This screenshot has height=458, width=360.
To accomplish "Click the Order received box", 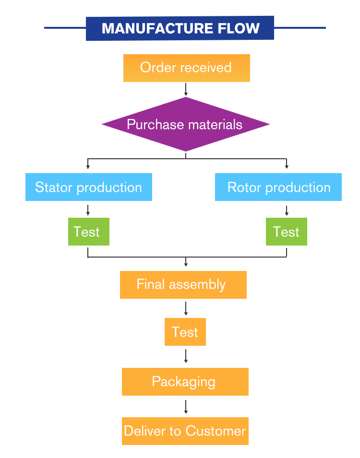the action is coord(187,68).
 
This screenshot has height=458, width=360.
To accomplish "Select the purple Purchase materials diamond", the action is coord(186,124).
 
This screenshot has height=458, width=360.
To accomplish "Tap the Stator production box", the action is coord(89,187).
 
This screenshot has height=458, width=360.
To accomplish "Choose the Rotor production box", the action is coord(278,187).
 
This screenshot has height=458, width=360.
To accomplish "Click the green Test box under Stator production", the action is coord(89,232).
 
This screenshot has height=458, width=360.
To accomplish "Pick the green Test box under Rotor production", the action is coord(287,232).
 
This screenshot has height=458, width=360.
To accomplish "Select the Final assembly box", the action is coord(183,285).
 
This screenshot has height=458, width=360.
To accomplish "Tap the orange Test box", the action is coord(185,332).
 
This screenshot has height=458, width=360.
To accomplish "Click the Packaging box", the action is coord(185,382).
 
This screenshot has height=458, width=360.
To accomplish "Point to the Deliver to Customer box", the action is coord(185,431).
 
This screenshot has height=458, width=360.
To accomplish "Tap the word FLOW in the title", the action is coord(239,28).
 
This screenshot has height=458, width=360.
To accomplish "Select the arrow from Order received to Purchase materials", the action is coord(186,89).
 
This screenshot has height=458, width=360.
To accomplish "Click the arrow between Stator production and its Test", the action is coord(88,210).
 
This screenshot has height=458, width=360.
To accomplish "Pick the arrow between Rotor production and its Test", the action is coord(287,211).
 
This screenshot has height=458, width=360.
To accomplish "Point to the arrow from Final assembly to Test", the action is coord(186,308).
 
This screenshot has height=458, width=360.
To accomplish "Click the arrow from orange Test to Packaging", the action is coord(186,356).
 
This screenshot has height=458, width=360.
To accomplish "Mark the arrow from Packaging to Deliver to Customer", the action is coord(186,407).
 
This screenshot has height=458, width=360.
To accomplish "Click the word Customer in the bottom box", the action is coord(216,431).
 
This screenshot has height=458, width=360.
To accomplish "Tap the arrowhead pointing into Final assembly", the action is coord(186,265).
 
